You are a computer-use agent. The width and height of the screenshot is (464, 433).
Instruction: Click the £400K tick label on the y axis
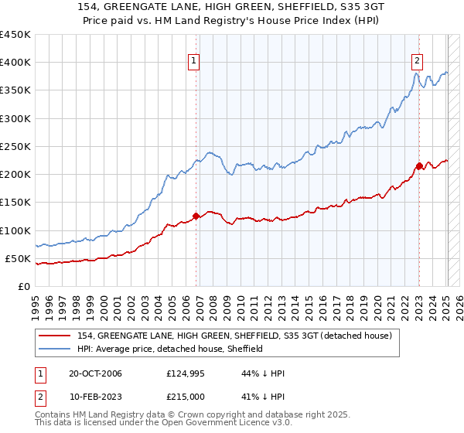(x=15, y=63)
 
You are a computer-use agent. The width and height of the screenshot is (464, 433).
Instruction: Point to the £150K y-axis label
(x=15, y=203)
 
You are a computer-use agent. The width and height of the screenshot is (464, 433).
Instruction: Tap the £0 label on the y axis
(x=23, y=286)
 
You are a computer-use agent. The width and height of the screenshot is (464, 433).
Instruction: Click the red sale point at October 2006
(x=196, y=216)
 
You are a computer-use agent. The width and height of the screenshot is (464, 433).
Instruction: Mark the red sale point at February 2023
(x=419, y=165)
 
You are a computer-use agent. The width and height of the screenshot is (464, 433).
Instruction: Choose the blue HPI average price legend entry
(x=170, y=349)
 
